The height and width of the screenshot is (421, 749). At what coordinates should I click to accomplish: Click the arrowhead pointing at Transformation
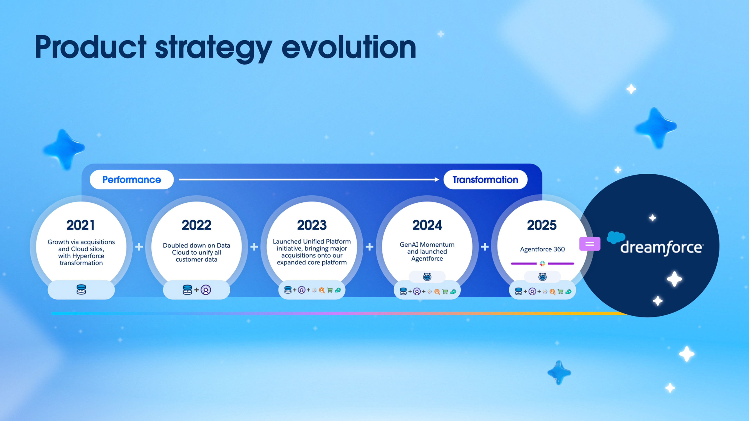tap(437, 180)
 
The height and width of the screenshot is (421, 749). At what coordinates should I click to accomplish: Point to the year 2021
tap(81, 225)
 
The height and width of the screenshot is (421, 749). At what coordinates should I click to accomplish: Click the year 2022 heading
tap(197, 225)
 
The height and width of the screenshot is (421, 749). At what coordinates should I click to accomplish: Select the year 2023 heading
tap(312, 225)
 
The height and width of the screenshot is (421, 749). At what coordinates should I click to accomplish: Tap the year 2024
tap(427, 225)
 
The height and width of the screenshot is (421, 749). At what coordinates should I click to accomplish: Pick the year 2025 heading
tap(542, 225)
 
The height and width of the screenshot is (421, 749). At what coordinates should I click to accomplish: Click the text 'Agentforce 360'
tap(542, 249)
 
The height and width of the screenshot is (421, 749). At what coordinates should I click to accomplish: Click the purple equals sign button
tap(590, 244)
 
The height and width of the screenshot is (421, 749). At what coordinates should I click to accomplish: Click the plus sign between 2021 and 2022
tap(139, 247)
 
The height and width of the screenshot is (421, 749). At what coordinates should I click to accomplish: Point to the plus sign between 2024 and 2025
tap(485, 247)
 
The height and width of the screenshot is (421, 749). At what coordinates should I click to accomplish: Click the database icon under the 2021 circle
tap(81, 290)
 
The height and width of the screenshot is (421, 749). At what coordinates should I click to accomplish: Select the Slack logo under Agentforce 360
tap(542, 264)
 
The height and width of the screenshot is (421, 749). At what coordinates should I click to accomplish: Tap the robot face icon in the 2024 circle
tap(427, 277)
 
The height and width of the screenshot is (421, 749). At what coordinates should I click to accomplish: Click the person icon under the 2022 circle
tap(206, 290)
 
